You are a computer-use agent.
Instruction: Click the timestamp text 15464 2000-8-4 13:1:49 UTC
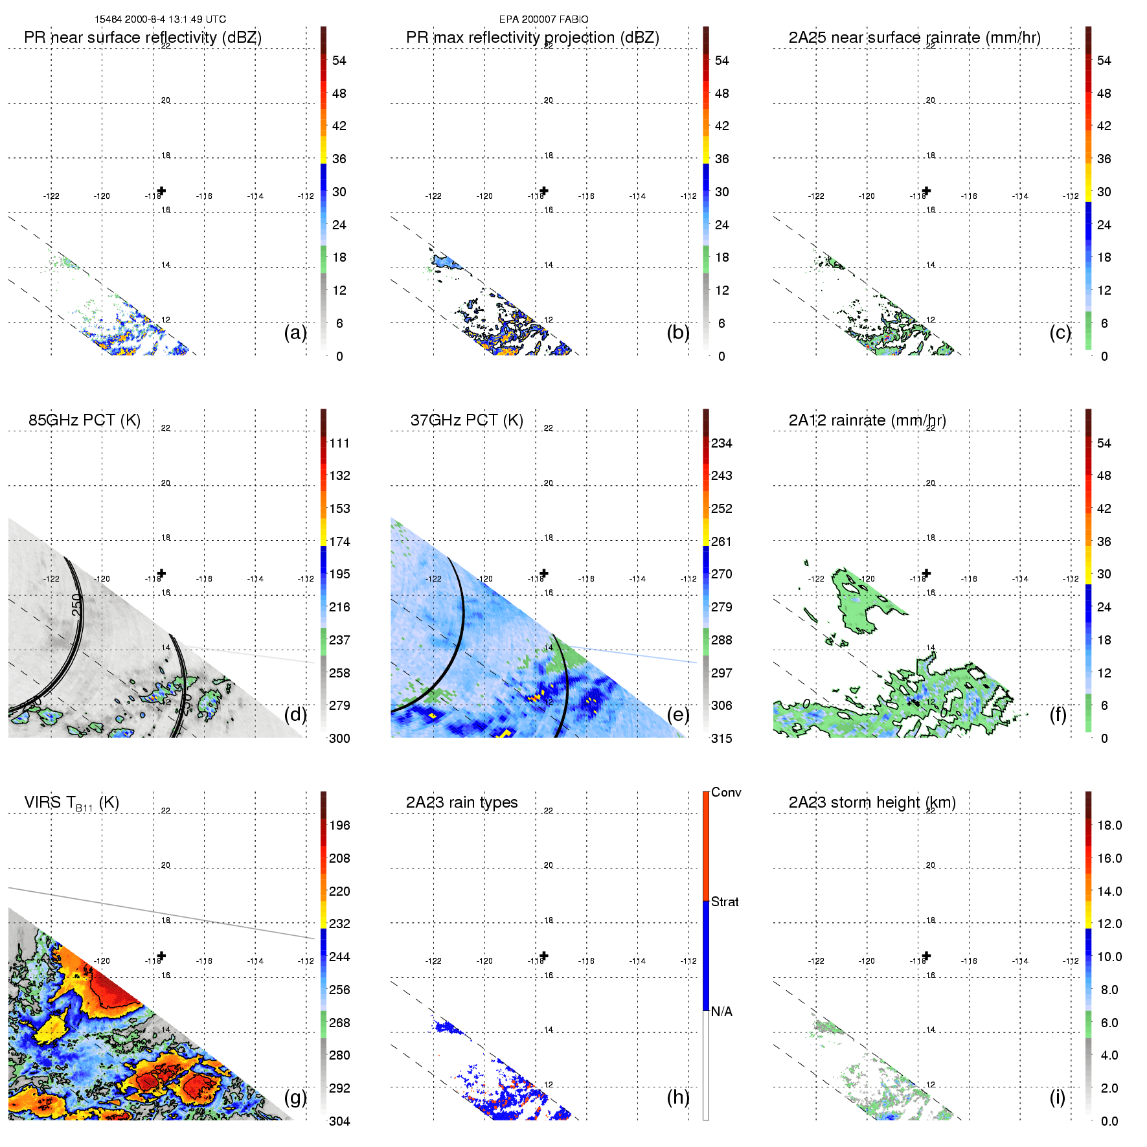tap(160, 19)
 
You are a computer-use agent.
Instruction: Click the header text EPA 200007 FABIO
tap(543, 19)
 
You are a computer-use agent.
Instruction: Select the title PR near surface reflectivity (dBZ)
tap(142, 38)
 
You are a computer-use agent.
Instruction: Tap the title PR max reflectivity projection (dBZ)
tap(532, 38)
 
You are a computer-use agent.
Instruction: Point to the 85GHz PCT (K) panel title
tap(84, 420)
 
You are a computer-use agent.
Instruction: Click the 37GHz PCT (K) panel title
tap(466, 420)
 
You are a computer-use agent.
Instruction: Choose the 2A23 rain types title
tap(462, 802)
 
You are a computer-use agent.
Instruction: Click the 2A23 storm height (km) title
tap(872, 802)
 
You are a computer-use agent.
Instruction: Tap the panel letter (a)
tap(295, 332)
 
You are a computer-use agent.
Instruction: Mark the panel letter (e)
tap(678, 714)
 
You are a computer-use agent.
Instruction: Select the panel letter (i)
tap(1057, 1097)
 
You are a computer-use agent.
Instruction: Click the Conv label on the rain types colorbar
tap(726, 792)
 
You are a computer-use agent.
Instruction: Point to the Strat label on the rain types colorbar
tap(725, 902)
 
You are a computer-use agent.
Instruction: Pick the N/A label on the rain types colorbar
tap(721, 1012)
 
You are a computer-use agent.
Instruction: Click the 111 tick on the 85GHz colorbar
tap(339, 443)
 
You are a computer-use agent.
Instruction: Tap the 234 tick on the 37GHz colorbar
tap(721, 443)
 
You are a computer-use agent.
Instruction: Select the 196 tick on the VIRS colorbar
tap(339, 825)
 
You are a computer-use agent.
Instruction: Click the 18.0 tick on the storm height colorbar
tap(1109, 825)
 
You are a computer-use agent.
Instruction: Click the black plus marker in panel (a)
tap(161, 190)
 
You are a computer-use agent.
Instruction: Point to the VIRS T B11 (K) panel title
tap(71, 803)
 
